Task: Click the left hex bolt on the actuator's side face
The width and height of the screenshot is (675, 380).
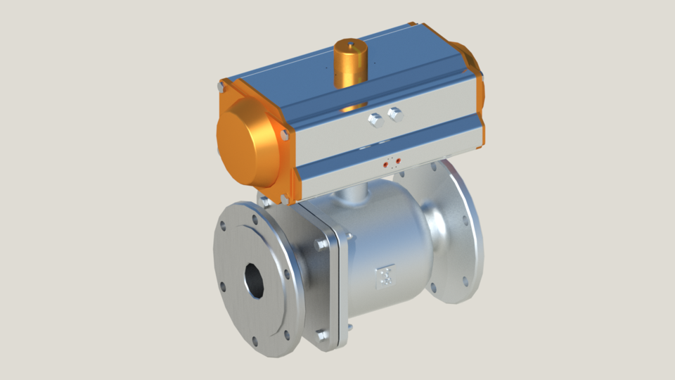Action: point(375,120)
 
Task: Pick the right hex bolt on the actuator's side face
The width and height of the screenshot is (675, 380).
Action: point(395,113)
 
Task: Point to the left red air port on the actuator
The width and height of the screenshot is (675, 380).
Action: point(386,165)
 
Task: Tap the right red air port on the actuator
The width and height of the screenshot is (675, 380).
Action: point(398,162)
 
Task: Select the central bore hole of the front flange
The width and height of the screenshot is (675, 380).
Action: point(255,281)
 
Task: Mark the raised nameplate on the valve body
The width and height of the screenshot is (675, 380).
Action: point(384,275)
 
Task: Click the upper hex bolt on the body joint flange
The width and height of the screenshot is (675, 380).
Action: point(322,244)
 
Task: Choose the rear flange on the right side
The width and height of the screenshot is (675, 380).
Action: point(461,232)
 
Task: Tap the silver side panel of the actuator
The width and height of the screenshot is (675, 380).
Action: point(422,130)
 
